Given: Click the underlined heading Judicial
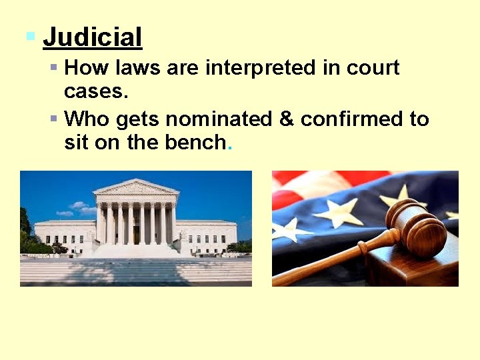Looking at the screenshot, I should click(93, 37).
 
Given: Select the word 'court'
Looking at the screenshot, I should click(373, 67).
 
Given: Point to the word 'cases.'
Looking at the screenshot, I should click(96, 91).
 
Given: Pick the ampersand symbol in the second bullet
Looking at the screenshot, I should click(287, 119).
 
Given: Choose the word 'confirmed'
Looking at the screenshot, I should click(351, 119).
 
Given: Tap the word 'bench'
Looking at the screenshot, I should click(193, 143).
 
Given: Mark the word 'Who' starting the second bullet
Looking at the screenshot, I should click(87, 119).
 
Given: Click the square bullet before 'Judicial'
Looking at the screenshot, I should click(30, 35).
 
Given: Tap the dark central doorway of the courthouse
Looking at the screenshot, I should click(136, 234).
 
